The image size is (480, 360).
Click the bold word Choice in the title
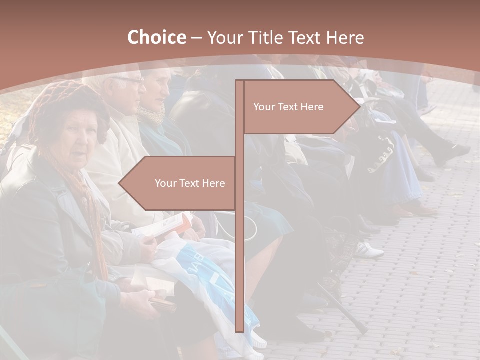coord(156,37)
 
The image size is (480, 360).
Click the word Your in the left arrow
coord(165,183)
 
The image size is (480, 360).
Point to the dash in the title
coord(196,37)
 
